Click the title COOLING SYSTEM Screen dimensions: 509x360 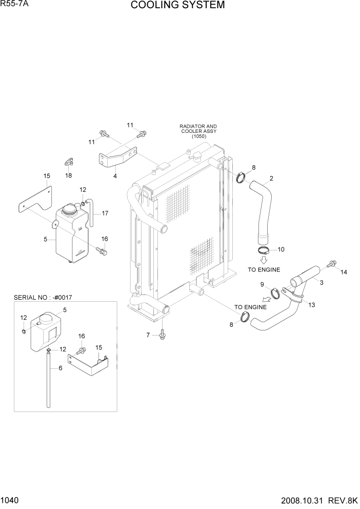(177, 6)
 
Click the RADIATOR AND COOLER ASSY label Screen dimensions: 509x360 (198, 131)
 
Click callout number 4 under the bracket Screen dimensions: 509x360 (115, 176)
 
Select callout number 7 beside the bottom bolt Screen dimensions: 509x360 (148, 335)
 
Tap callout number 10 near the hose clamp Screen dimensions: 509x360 (281, 249)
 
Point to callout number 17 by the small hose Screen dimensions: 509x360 (105, 213)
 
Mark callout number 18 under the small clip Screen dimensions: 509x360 (69, 175)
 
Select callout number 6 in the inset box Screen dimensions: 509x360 (61, 368)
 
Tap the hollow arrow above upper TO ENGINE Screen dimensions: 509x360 (264, 260)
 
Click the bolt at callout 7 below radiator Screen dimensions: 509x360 (163, 335)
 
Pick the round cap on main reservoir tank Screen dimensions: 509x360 (68, 210)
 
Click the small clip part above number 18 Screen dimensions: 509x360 (69, 162)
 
